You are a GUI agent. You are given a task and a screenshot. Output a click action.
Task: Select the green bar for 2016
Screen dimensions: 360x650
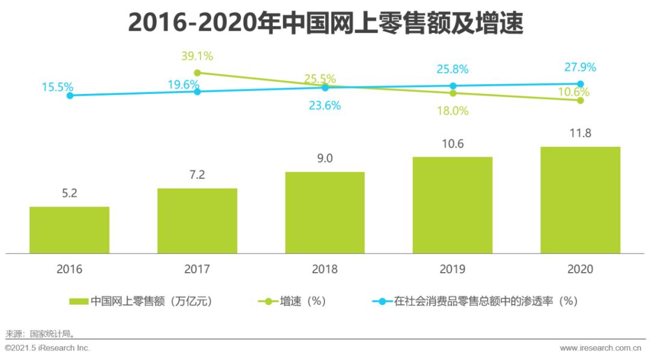click(69, 230)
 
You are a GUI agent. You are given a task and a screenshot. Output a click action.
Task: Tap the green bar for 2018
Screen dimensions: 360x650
click(324, 213)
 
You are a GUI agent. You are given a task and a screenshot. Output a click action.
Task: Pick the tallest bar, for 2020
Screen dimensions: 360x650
click(580, 200)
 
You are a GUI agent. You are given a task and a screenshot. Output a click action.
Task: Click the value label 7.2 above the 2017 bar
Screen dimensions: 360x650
click(197, 175)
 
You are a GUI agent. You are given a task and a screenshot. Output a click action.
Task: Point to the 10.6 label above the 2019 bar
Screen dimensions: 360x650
click(452, 144)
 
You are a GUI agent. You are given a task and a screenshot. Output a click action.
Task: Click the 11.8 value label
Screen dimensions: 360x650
click(580, 133)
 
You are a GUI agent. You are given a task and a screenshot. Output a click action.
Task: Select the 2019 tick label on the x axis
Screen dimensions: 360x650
click(452, 269)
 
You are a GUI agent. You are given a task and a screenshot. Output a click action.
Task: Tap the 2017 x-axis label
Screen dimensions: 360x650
click(197, 269)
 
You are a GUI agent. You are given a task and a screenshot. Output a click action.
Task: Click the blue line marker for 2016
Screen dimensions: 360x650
click(70, 95)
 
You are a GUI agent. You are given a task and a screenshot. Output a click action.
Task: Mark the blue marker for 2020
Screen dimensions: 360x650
click(580, 84)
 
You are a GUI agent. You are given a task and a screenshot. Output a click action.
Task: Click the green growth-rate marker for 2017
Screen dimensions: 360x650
click(197, 73)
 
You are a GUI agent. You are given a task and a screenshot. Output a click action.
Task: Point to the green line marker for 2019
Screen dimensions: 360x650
click(453, 93)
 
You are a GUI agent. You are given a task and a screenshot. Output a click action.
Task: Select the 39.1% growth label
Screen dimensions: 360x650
click(197, 57)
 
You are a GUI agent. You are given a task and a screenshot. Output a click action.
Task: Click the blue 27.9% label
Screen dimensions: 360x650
click(580, 67)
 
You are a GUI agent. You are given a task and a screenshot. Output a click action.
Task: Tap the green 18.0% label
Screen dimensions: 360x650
click(453, 111)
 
